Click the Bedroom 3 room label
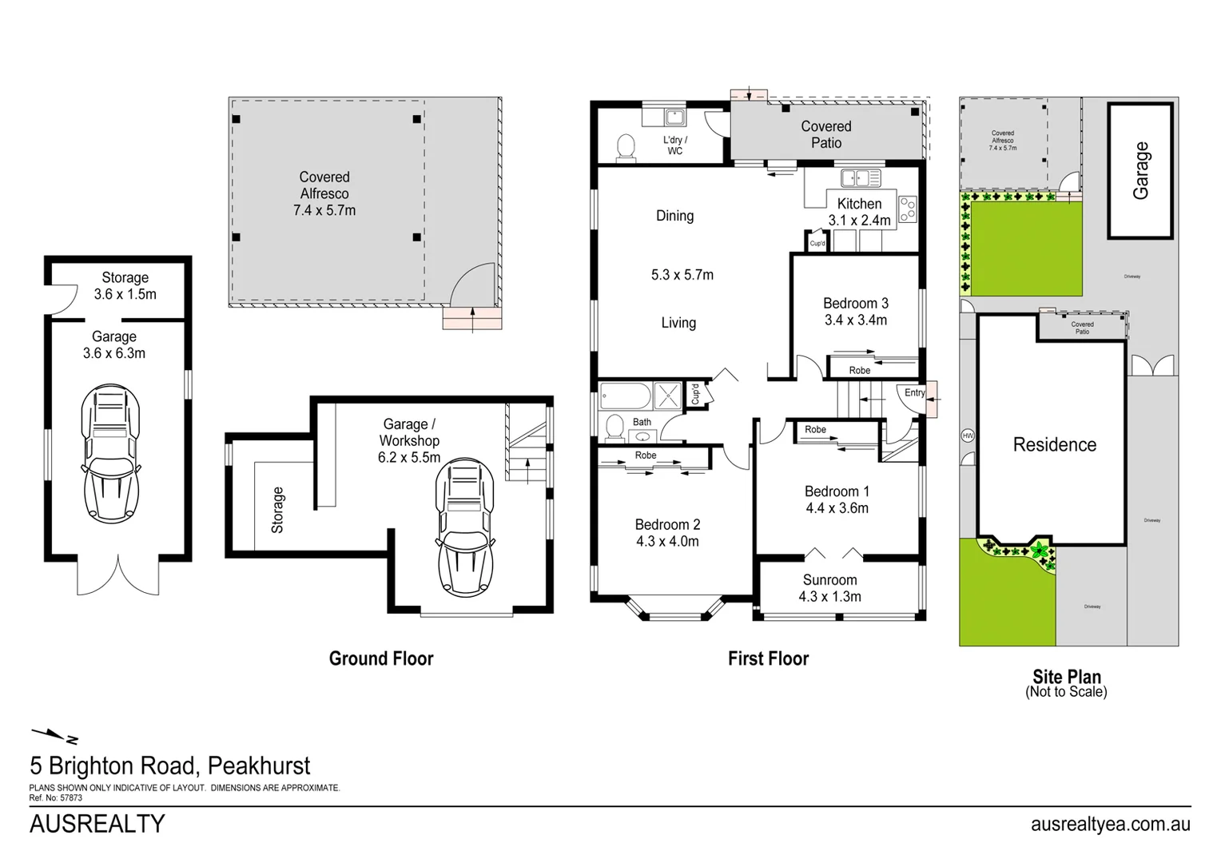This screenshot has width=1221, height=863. coord(855,304)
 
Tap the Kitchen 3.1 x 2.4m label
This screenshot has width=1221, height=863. coord(859,212)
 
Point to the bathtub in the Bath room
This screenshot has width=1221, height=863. coord(625,396)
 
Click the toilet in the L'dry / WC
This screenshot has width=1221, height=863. coord(625,148)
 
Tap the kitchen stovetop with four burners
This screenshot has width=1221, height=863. coord(907,209)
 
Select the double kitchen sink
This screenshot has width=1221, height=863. coord(860,177)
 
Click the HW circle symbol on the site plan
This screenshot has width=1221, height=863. coord(968,435)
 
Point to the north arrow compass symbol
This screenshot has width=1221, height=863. coord(54,734)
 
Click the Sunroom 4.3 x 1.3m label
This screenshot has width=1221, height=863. coord(829,588)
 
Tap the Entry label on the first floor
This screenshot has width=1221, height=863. coord(914,392)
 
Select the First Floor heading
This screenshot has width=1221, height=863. coord(768,658)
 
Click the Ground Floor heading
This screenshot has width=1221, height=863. coord(381,658)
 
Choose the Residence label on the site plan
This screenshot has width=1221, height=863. coord(1054,445)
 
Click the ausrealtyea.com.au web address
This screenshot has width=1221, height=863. coord(1110,824)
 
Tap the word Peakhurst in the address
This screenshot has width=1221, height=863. coord(258,766)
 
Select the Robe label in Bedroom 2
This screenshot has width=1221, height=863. coord(645,455)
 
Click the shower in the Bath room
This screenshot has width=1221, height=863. coord(667,396)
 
